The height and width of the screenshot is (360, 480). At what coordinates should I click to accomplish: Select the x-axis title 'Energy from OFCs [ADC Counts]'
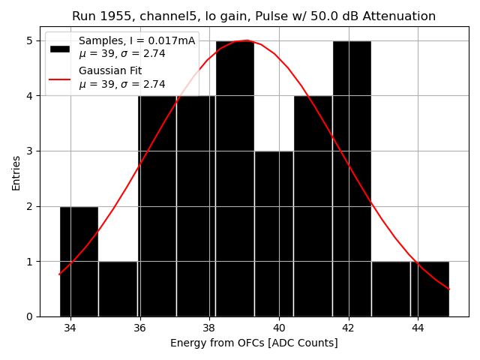(253, 343)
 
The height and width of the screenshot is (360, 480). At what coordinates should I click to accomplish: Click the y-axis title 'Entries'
(16, 172)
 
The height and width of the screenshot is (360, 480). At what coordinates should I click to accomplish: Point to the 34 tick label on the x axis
(70, 328)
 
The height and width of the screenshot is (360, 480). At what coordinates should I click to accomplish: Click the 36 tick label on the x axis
(139, 328)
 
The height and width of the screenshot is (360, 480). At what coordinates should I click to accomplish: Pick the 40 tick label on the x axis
(279, 328)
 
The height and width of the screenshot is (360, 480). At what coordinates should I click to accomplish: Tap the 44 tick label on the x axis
(418, 328)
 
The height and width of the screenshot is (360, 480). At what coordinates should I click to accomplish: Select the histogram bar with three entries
(274, 233)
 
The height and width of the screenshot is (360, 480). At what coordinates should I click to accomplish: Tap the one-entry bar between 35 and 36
(118, 289)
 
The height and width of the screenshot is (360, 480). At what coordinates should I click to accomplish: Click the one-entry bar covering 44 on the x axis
(430, 289)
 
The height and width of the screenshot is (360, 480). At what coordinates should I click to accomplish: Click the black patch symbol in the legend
(59, 48)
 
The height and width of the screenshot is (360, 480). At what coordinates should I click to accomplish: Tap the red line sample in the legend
(59, 79)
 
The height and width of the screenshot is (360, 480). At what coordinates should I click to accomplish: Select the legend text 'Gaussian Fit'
(110, 71)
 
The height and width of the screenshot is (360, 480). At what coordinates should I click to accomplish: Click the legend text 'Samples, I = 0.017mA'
(136, 41)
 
